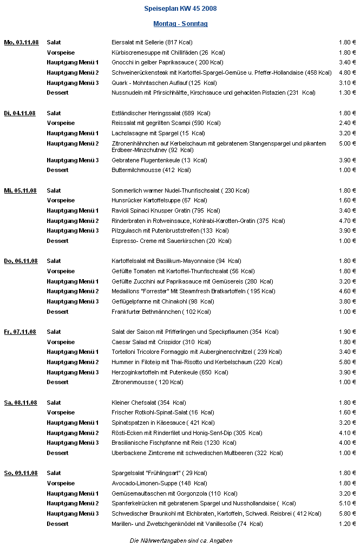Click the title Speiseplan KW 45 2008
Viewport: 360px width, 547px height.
tap(180, 9)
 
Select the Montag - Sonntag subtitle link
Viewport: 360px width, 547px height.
tap(180, 24)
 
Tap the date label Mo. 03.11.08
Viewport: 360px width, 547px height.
tap(21, 42)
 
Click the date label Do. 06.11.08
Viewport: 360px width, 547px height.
tap(21, 261)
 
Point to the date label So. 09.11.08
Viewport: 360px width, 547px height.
tap(21, 473)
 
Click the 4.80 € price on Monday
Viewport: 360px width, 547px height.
tap(347, 73)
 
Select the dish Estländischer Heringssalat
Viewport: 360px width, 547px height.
tap(161, 113)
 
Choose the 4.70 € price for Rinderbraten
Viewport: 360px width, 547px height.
tap(347, 221)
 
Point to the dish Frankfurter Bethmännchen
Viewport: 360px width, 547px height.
tap(161, 312)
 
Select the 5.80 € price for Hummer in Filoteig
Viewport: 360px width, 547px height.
tap(347, 362)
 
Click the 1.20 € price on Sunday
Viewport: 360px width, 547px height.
tap(347, 524)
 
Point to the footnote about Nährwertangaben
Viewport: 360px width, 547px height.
tap(180, 541)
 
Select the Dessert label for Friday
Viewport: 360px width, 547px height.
tap(57, 382)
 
